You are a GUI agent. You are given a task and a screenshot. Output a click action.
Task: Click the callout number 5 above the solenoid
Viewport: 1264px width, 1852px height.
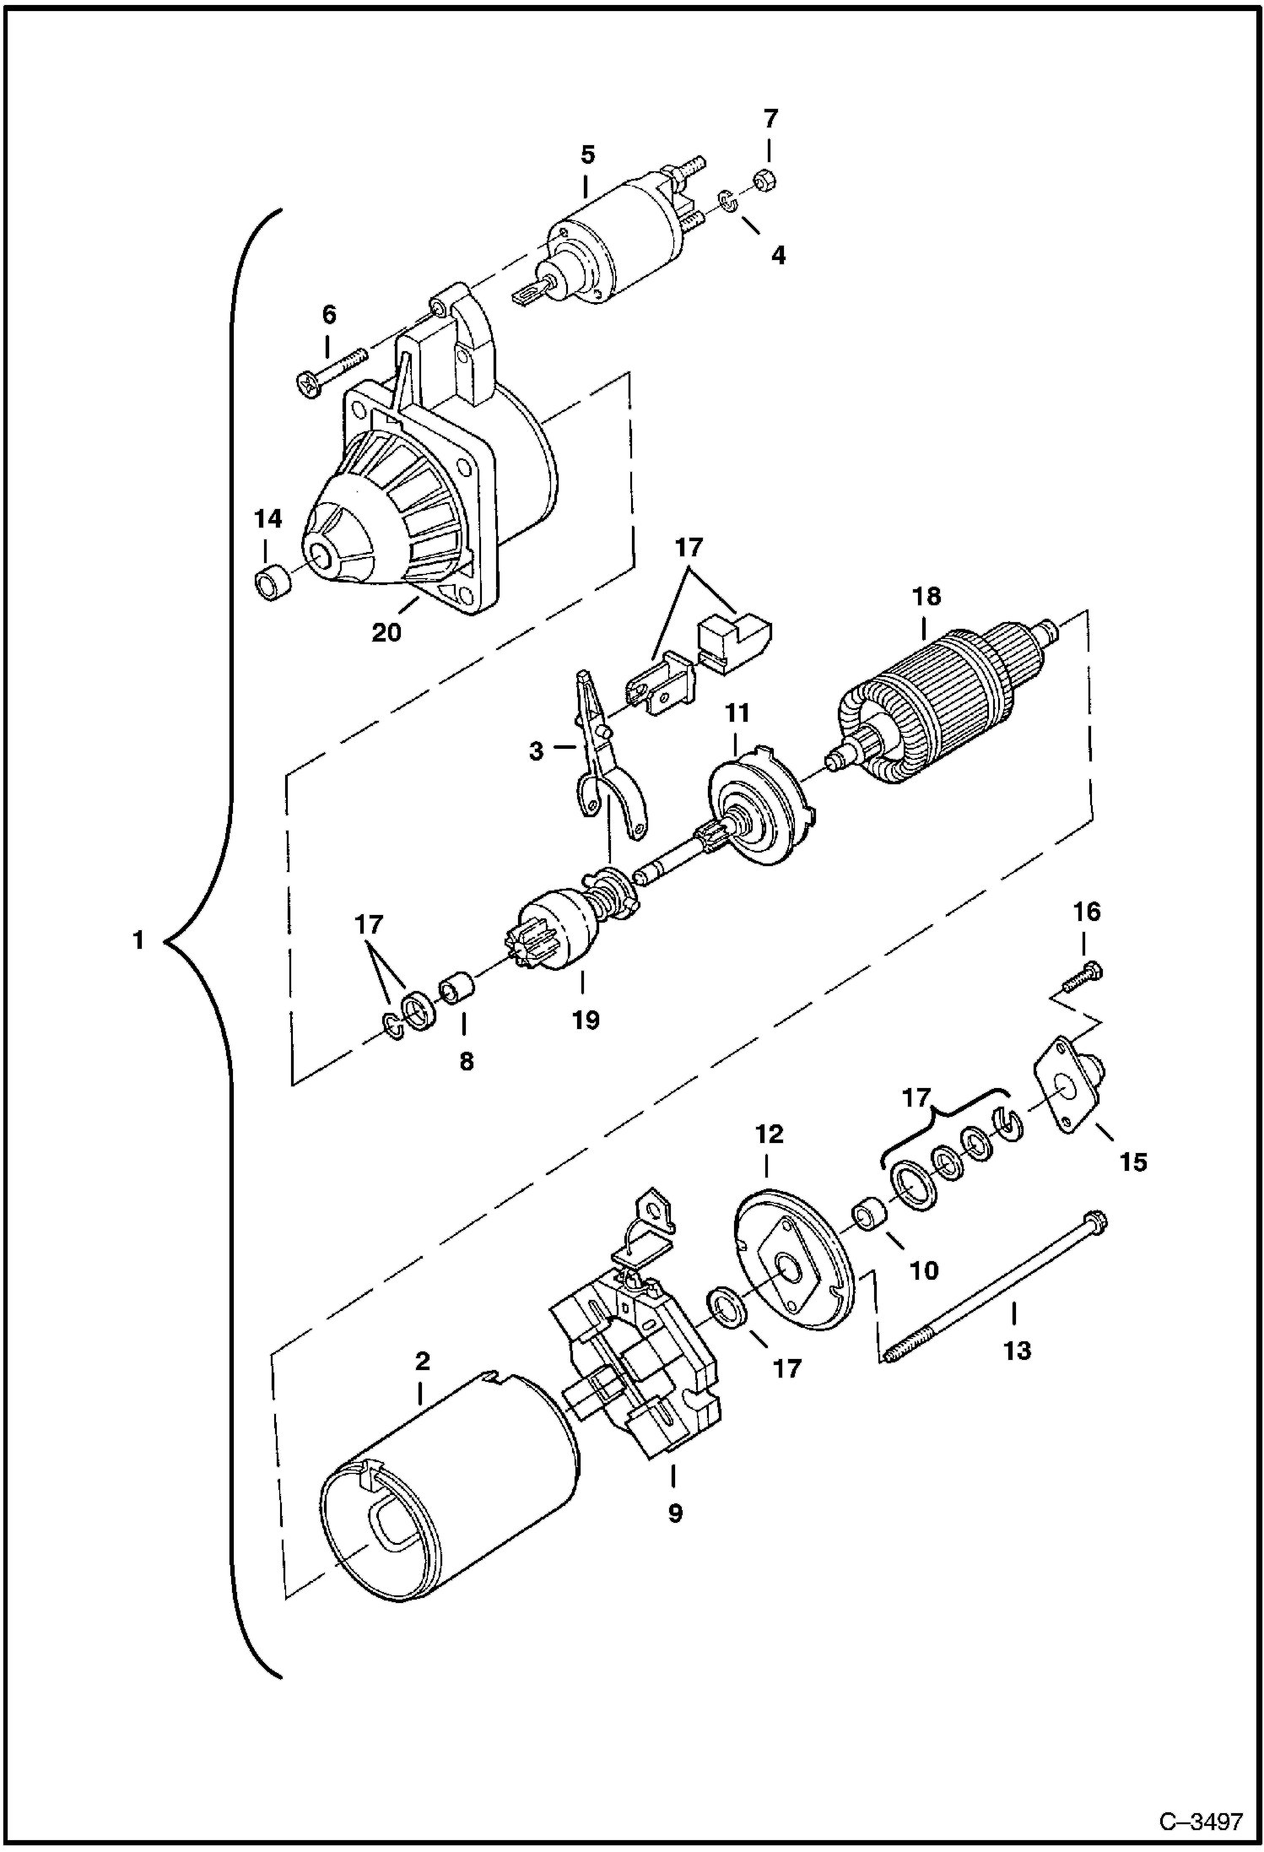point(587,154)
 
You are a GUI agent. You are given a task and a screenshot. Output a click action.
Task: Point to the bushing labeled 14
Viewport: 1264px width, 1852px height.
point(272,583)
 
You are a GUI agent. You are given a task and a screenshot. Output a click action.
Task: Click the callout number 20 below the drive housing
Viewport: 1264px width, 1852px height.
point(387,631)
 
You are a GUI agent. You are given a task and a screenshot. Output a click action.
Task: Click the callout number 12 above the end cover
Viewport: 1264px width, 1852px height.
point(770,1134)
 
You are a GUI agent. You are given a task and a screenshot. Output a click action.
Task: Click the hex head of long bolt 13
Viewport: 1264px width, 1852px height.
point(1098,1221)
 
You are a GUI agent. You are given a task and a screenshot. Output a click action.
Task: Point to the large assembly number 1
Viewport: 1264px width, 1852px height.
point(138,940)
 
